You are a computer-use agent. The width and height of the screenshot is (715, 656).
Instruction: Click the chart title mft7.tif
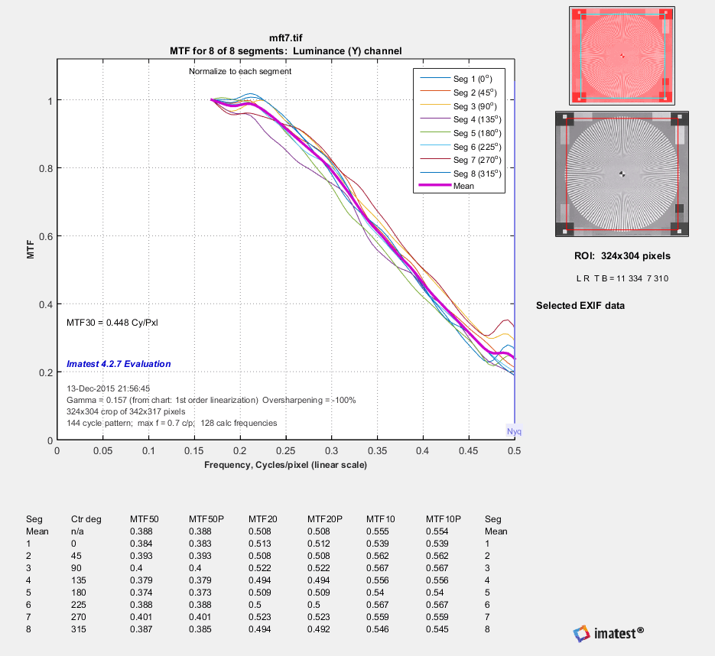tap(285, 37)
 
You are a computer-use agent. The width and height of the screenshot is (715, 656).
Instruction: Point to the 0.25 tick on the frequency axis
tap(194, 451)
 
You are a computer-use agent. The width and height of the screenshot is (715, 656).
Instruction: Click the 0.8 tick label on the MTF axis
tap(47, 168)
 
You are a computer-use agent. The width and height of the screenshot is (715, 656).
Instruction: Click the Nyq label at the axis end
tap(515, 432)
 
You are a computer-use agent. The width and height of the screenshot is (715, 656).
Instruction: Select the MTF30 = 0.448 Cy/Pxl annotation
tap(113, 322)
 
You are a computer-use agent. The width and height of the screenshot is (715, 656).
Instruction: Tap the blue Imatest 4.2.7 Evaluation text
tap(119, 364)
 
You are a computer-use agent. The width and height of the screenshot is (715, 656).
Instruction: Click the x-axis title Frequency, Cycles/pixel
tap(285, 465)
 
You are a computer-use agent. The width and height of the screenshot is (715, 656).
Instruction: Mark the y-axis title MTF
tap(31, 251)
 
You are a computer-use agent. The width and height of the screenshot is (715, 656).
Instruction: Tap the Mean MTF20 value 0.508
tap(260, 531)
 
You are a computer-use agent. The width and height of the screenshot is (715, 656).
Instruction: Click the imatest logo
tap(608, 632)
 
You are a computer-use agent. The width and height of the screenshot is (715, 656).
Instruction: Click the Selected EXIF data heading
tap(580, 306)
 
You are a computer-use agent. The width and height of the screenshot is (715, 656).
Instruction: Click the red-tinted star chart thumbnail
tap(622, 55)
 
